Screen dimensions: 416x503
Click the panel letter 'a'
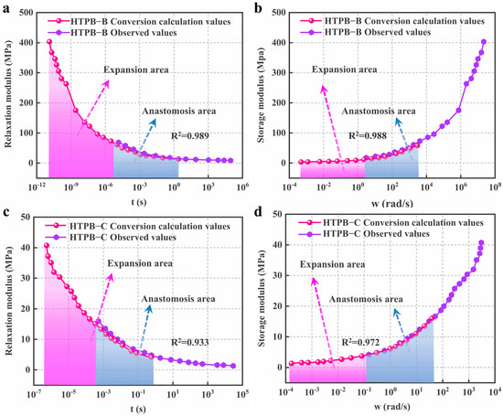tap(6, 7)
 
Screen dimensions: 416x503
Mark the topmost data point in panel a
tap(49, 41)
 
